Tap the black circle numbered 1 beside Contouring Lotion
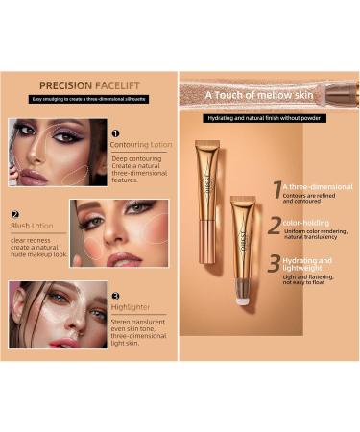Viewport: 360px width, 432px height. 115,134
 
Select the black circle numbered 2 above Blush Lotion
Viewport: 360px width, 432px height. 15,215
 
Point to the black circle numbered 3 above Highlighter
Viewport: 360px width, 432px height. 115,297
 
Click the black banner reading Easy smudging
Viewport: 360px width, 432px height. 90,99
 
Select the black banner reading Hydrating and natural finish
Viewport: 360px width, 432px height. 266,118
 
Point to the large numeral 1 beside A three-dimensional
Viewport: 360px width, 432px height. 276,190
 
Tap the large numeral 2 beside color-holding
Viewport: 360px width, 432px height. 276,227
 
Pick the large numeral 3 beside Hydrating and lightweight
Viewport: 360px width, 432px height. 276,264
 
